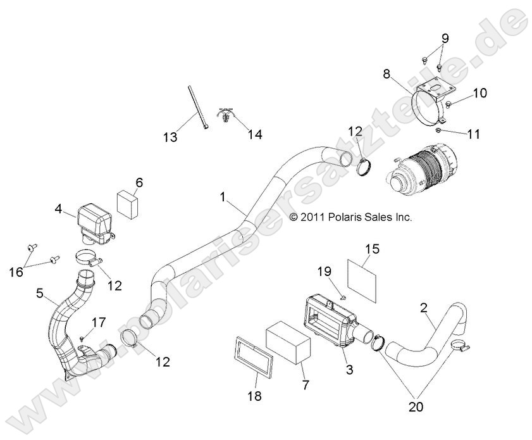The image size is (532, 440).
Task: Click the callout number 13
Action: [169, 137]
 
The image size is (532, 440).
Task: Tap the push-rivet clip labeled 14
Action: [226, 116]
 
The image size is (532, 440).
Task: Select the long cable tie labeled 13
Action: [197, 105]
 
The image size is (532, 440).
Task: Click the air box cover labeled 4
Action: [94, 222]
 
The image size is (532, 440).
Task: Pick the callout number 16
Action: [16, 272]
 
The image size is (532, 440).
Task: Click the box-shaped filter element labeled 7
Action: [288, 343]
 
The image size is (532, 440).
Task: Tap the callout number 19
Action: [325, 271]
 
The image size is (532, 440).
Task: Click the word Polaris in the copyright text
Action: [349, 217]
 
